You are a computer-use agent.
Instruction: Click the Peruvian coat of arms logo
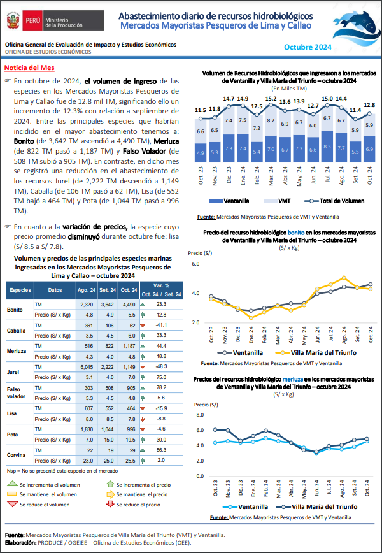pyautogui.click(x=13, y=20)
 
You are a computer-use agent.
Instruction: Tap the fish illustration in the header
pyautogui.click(x=358, y=25)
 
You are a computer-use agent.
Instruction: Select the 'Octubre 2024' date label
pyautogui.click(x=308, y=47)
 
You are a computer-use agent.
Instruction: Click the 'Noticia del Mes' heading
pyautogui.click(x=29, y=68)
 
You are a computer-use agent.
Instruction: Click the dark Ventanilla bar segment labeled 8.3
pyautogui.click(x=327, y=147)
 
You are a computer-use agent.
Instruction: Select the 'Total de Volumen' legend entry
pyautogui.click(x=337, y=201)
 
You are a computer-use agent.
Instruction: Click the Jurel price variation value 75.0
pyautogui.click(x=162, y=377)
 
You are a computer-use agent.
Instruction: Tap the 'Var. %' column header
pyautogui.click(x=162, y=285)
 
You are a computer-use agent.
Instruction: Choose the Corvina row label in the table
pyautogui.click(x=16, y=455)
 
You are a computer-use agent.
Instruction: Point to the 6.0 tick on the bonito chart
pyautogui.click(x=195, y=264)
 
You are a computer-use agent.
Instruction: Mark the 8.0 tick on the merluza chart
pyautogui.click(x=200, y=415)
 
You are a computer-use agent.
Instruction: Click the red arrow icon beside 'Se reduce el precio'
pyautogui.click(x=111, y=505)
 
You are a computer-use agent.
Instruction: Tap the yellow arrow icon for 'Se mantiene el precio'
pyautogui.click(x=111, y=494)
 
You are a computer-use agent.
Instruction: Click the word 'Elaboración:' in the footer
pyautogui.click(x=20, y=542)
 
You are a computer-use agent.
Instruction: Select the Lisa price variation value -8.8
pyautogui.click(x=162, y=420)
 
